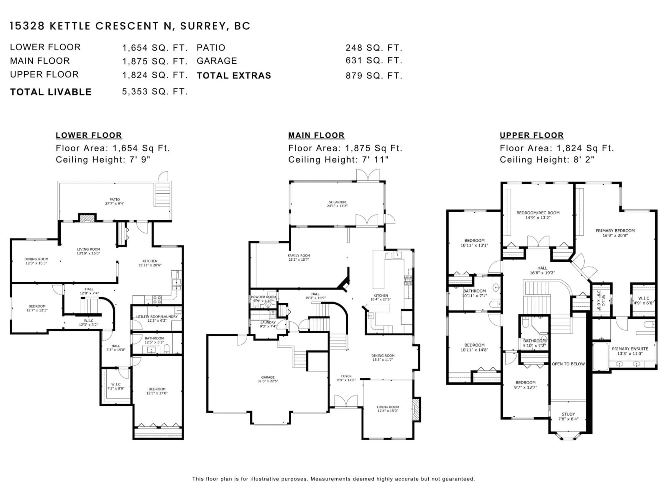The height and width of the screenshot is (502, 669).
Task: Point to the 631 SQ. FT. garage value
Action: [374, 60]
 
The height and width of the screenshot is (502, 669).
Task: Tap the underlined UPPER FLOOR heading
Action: [531, 135]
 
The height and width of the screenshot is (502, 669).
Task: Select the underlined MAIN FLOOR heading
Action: [316, 135]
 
